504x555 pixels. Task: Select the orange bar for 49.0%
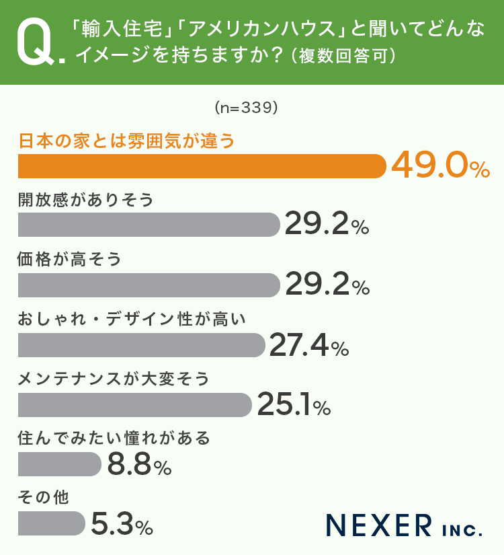click(202, 166)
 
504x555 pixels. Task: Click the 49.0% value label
click(440, 165)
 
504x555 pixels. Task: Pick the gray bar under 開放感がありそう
click(148, 225)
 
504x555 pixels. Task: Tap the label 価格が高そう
click(70, 259)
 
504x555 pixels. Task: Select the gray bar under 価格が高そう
click(148, 285)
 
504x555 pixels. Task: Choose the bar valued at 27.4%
click(141, 345)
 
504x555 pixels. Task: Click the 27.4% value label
click(309, 345)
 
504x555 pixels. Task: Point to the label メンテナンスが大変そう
click(114, 379)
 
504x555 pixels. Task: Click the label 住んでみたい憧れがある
click(114, 439)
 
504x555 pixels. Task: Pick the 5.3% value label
click(122, 524)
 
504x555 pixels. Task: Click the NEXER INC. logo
click(404, 525)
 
